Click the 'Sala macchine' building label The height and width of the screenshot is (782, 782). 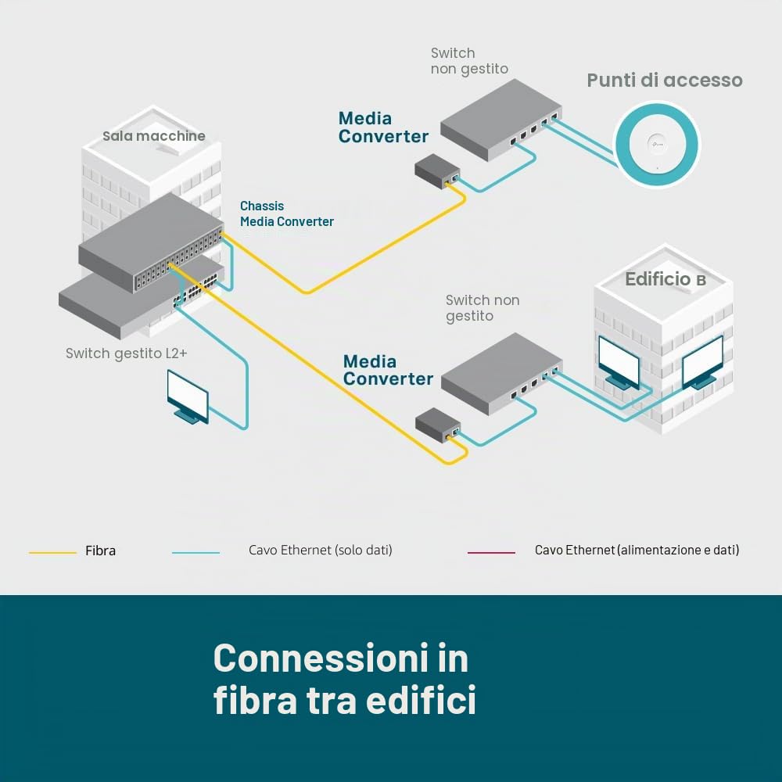[153, 135]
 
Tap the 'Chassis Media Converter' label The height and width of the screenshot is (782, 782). [287, 213]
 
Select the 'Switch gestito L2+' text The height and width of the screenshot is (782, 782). [126, 353]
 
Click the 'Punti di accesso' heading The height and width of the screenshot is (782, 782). [664, 81]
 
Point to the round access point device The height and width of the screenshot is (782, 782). [658, 144]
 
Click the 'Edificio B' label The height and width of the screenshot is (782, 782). [665, 279]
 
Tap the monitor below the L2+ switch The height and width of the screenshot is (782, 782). [188, 397]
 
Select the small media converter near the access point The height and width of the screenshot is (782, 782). [437, 171]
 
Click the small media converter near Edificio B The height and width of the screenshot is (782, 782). [438, 425]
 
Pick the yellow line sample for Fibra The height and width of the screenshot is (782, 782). [52, 553]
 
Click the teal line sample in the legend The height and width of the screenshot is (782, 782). [195, 553]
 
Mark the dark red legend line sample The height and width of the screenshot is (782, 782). [491, 553]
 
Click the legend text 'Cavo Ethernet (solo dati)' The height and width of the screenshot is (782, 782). [320, 550]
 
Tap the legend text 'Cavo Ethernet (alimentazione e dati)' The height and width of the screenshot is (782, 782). [637, 550]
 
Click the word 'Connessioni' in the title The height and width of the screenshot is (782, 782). [320, 658]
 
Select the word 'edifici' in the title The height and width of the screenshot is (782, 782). [421, 700]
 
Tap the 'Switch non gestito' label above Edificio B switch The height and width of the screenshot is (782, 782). [482, 307]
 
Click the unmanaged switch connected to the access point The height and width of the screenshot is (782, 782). [501, 120]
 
